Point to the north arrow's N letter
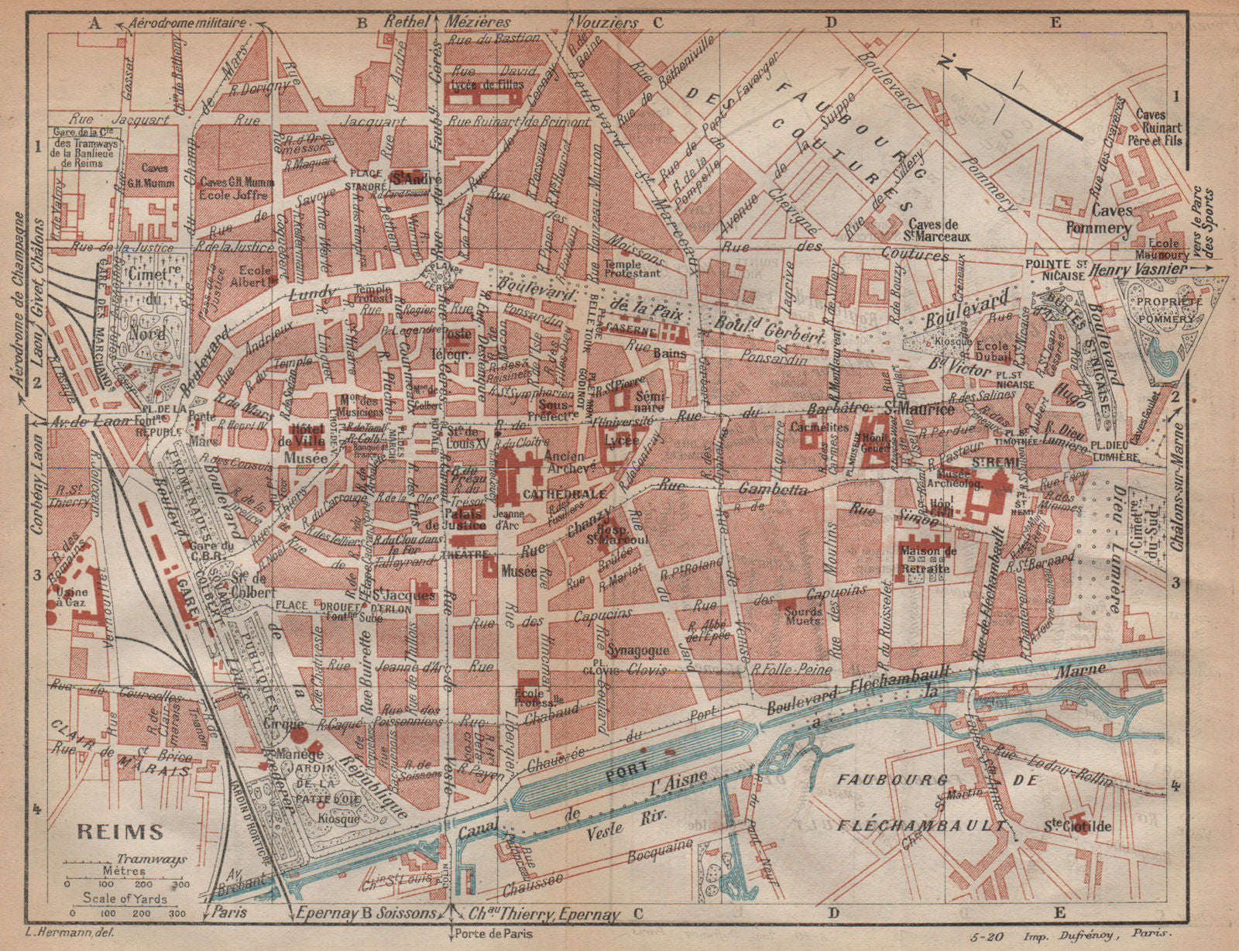944,62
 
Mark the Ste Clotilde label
1083,827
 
